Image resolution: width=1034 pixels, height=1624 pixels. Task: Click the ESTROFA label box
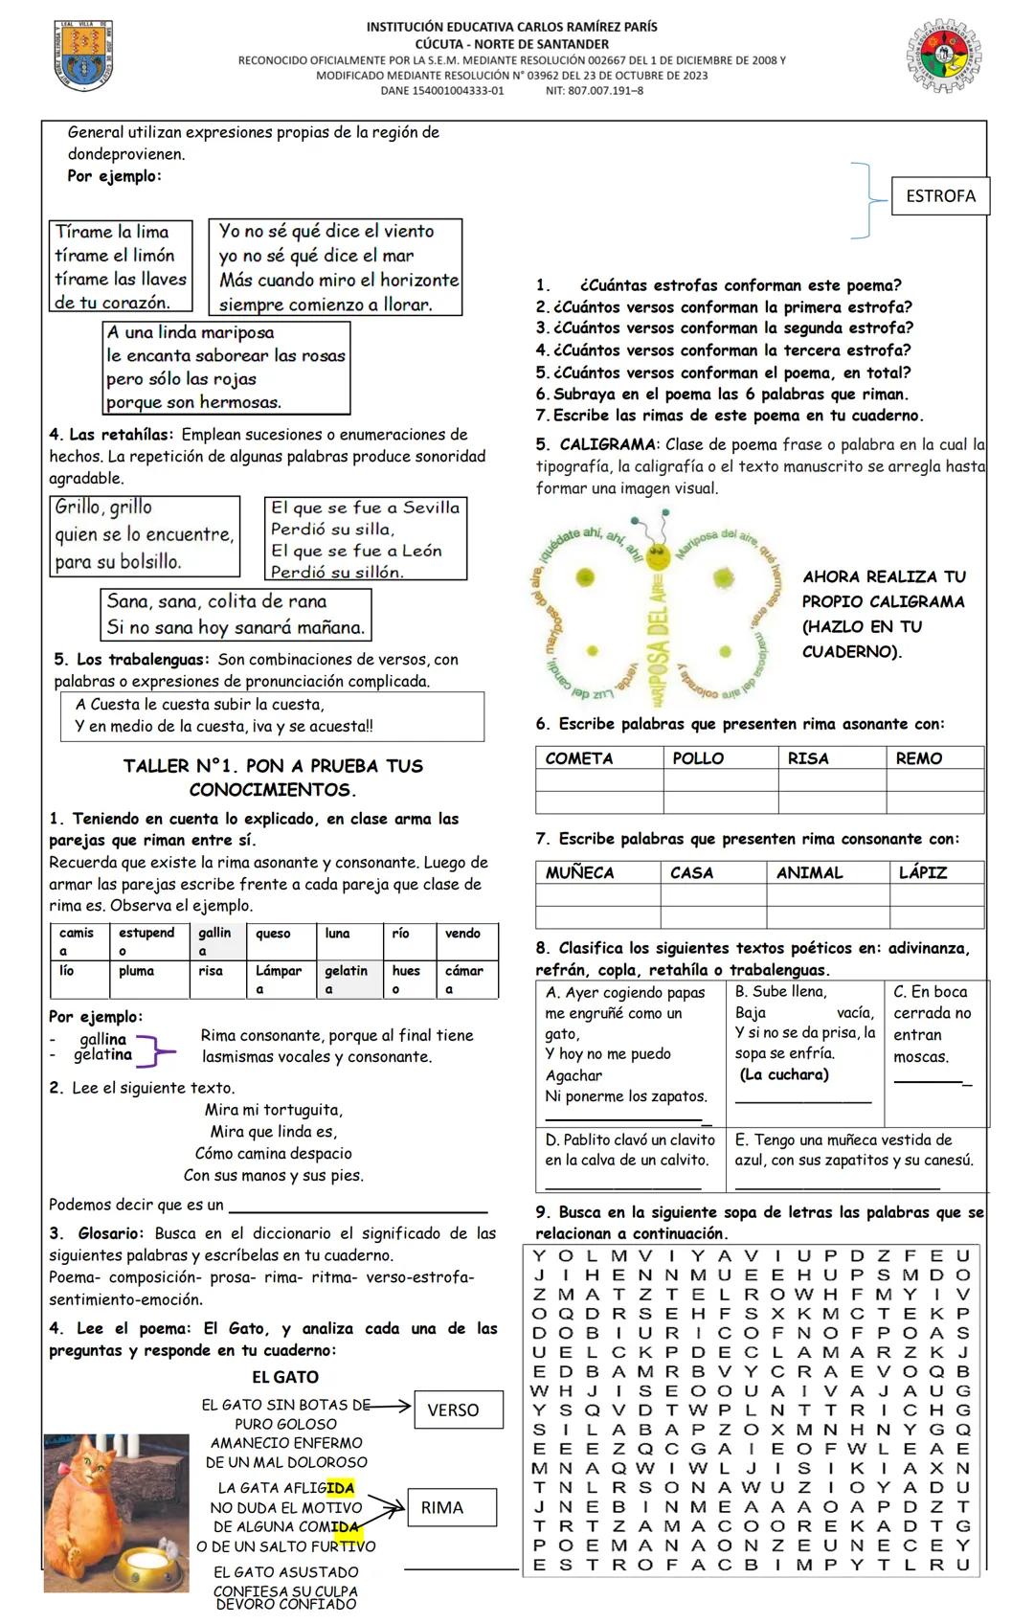[940, 196]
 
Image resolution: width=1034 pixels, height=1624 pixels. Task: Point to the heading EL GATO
[285, 1377]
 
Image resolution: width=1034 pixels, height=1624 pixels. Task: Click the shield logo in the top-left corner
[83, 56]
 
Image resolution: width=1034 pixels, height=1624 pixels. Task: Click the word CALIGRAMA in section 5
[608, 444]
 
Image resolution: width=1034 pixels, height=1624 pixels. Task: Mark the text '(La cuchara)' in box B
[784, 1074]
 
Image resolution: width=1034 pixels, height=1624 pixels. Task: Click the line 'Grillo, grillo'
[103, 507]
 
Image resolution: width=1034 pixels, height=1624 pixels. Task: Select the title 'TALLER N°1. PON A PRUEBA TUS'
[273, 766]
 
